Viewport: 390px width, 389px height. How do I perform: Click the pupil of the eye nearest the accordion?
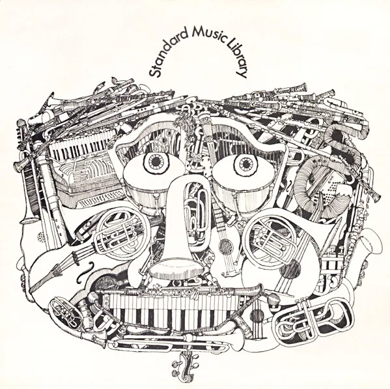click(x=156, y=162)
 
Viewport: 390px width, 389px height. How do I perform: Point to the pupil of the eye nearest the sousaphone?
click(x=245, y=164)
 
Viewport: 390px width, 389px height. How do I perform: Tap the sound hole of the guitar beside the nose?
click(x=225, y=245)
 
